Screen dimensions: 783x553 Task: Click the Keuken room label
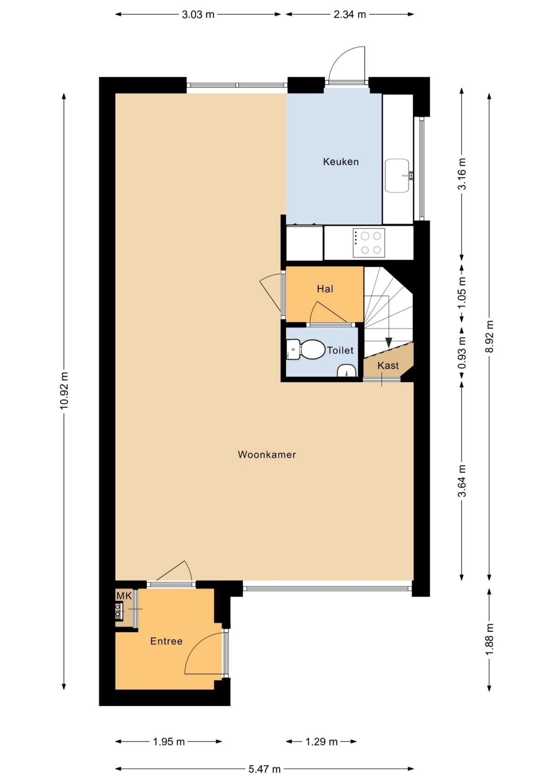[341, 161]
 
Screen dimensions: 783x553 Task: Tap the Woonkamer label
[266, 454]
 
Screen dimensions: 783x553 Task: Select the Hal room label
[325, 289]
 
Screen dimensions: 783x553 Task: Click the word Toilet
[340, 350]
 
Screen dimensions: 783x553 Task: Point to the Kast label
[388, 365]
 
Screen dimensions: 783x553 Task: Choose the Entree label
[166, 641]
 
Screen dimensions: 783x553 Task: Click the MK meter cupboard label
[124, 596]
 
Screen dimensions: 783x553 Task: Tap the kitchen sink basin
[397, 175]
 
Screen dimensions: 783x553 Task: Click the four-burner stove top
[369, 243]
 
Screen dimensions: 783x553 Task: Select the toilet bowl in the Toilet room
[312, 349]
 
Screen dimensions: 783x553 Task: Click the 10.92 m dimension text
[64, 390]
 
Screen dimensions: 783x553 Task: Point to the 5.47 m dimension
[265, 769]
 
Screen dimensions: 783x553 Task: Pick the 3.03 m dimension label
[198, 14]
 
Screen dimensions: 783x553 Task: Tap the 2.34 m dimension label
[350, 14]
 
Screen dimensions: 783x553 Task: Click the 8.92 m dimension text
[489, 336]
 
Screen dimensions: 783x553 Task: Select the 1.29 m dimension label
[321, 741]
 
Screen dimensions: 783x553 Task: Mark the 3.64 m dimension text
[462, 481]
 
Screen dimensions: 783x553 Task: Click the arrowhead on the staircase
[388, 342]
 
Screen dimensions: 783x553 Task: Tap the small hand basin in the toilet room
[346, 371]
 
